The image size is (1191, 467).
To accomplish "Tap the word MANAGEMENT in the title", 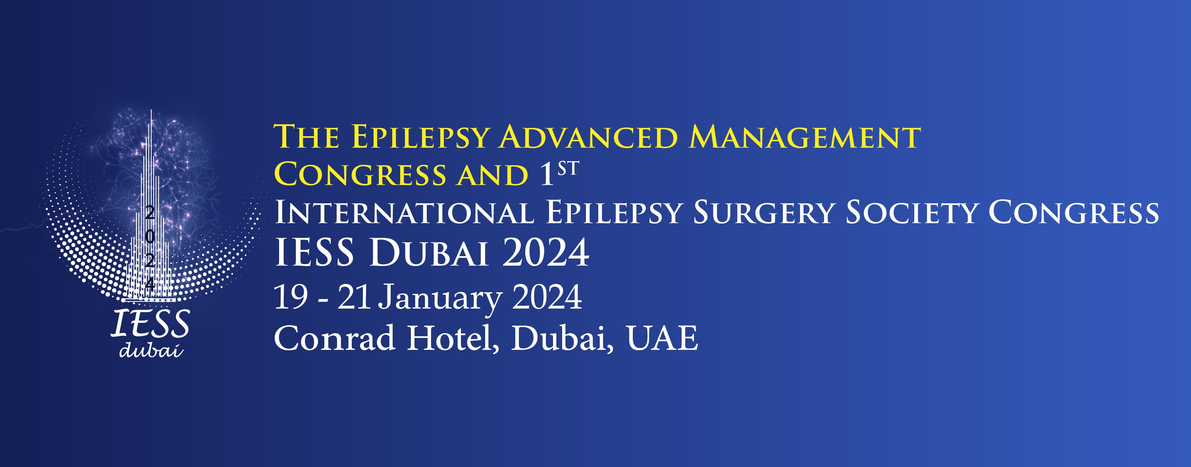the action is coord(804,137).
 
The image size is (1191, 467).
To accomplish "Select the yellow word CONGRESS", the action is coord(360,174).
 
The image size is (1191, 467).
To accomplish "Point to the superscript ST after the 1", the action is coord(568,169).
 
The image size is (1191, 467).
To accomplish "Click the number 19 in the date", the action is coord(291,297).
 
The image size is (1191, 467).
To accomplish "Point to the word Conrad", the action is coord(334,338).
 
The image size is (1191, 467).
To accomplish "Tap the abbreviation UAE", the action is coord(662,338).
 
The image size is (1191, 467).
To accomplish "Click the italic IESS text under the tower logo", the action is coord(150,323).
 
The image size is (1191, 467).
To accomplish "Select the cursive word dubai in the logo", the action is coord(151,350).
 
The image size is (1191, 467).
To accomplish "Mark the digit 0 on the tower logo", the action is coord(149,236).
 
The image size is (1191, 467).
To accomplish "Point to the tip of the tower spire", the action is coord(151,110).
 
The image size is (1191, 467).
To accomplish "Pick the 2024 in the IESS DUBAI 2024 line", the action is coord(545,253).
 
